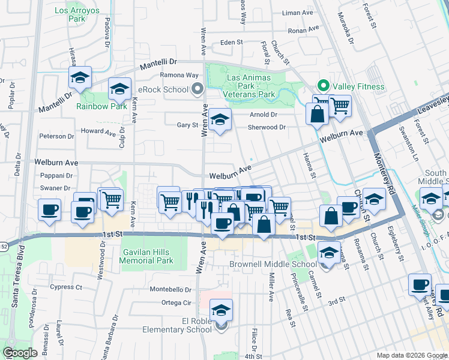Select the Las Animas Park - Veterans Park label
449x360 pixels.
click(x=250, y=86)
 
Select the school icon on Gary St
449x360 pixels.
click(x=220, y=119)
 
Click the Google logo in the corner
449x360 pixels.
click(x=20, y=353)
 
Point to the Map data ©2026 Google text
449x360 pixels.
click(x=411, y=355)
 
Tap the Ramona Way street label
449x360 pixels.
click(x=179, y=75)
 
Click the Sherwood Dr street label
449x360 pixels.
click(x=267, y=127)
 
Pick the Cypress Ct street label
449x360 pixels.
click(x=66, y=287)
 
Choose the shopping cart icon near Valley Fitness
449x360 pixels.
click(x=340, y=106)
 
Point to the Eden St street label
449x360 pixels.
click(x=231, y=43)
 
